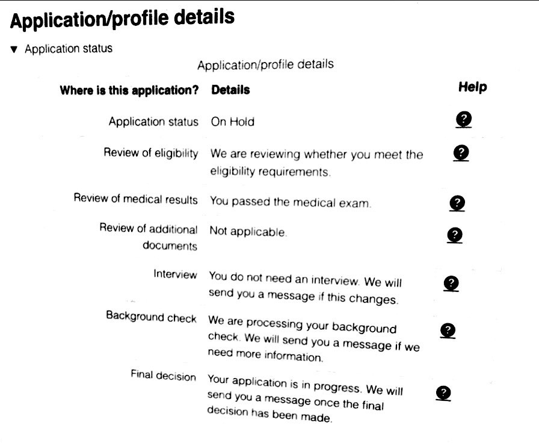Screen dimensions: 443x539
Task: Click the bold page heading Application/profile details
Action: coord(122,20)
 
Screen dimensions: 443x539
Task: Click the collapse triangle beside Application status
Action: coord(14,49)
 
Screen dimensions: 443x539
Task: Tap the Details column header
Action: coord(230,90)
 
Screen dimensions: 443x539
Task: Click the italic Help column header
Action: coord(472,87)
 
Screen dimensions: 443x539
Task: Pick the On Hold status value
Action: coord(232,122)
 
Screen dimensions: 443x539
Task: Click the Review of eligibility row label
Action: coord(151,153)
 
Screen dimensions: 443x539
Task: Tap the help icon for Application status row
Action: coord(463,119)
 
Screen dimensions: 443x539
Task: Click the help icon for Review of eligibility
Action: coord(461,153)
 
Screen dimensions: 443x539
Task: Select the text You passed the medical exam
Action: coord(290,202)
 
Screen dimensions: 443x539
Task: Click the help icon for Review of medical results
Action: coord(457,203)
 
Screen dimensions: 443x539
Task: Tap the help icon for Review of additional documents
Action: coord(455,234)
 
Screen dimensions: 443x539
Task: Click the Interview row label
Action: coord(175,274)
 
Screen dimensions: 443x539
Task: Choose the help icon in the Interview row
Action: coord(451,283)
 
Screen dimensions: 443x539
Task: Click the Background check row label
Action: coord(151,316)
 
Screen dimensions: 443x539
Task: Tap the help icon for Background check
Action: coord(448,330)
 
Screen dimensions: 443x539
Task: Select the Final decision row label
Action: coord(163,376)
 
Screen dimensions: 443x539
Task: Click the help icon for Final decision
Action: coord(443,393)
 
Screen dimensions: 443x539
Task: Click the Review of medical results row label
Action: coord(135,199)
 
